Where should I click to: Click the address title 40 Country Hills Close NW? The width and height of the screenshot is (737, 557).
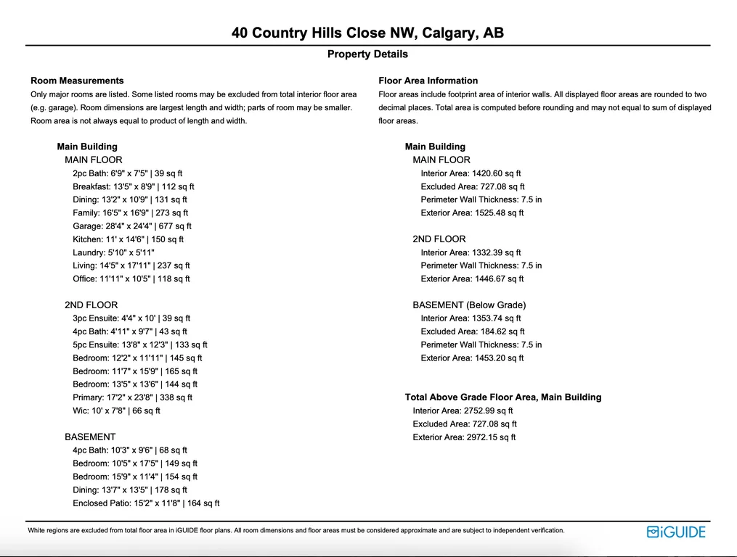coord(367,33)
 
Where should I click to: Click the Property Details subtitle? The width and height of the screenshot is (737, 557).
coord(367,54)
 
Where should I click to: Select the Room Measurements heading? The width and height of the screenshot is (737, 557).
coord(77,81)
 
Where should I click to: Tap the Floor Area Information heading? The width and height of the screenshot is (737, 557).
coord(428,81)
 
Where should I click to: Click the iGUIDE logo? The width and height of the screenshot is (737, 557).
coord(676,532)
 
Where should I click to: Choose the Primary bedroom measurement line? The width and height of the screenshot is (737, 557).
coord(132,397)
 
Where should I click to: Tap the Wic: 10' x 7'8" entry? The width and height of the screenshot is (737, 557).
coord(116,410)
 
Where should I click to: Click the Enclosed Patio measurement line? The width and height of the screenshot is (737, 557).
coord(146,503)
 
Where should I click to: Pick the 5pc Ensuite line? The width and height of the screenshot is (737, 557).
coord(140,344)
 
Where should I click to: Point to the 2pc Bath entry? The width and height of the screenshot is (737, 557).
coord(128,173)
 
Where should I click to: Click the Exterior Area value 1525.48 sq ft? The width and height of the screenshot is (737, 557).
coord(472,213)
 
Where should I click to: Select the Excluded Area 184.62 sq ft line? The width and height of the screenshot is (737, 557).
coord(470,331)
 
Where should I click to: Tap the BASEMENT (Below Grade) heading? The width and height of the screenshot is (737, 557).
coord(469,305)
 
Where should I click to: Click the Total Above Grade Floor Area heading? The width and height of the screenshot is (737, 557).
coord(502,397)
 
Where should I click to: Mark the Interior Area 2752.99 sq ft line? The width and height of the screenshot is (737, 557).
coord(463,410)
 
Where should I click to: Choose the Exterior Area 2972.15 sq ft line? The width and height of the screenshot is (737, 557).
coord(464,437)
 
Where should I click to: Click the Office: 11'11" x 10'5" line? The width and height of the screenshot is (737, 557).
coord(131,278)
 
